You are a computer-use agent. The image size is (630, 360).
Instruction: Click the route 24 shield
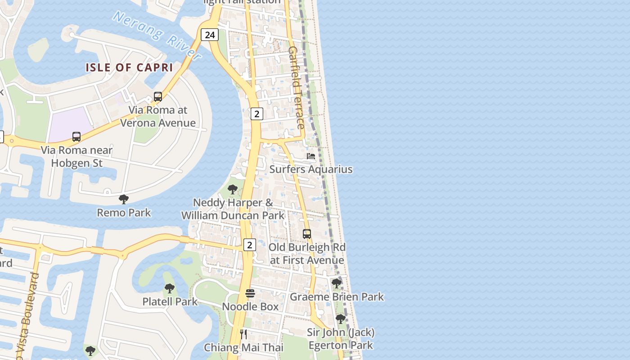(x=210, y=35)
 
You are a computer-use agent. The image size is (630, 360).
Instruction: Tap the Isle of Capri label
(x=130, y=67)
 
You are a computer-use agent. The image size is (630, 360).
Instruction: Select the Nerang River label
(x=157, y=36)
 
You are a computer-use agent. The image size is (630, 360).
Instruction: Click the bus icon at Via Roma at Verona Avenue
(x=158, y=96)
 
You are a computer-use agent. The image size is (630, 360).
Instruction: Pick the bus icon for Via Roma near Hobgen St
(x=76, y=136)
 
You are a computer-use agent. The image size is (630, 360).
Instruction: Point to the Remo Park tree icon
(x=124, y=199)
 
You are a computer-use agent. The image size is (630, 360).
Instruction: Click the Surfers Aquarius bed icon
(x=311, y=156)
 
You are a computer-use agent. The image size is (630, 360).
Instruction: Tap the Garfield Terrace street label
(x=297, y=87)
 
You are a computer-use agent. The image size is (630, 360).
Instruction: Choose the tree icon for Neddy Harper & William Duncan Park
(x=233, y=189)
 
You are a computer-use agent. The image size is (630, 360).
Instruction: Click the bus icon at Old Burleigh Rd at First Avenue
(x=307, y=234)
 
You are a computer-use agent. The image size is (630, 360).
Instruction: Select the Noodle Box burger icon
(x=250, y=293)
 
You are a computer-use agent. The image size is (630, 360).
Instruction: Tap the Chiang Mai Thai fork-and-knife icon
(x=243, y=334)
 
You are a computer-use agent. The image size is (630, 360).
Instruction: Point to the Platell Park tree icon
(x=170, y=288)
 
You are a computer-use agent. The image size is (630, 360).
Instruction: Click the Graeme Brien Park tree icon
(x=337, y=283)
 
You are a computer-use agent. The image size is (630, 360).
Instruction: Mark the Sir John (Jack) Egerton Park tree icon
(x=341, y=319)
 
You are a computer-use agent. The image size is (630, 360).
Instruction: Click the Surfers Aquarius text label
(x=311, y=169)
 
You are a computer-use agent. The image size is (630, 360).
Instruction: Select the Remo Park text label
(x=124, y=212)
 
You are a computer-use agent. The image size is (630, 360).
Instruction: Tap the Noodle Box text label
(x=250, y=306)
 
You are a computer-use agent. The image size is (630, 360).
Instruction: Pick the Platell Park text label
(x=170, y=301)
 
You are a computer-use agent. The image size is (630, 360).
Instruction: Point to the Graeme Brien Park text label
(x=337, y=297)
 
